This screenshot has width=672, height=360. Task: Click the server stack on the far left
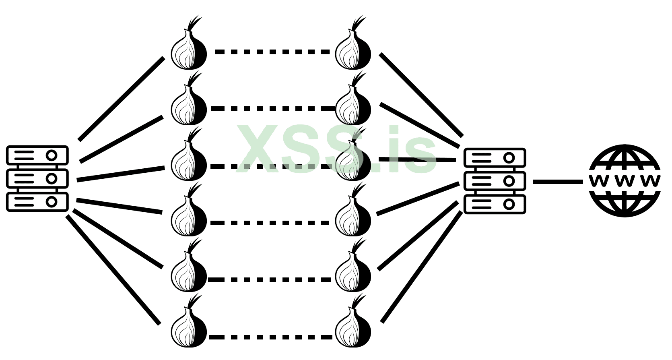37,178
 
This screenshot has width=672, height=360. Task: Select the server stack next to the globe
495,181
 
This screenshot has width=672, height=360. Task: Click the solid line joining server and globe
558,182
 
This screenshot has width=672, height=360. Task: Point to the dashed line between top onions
272,52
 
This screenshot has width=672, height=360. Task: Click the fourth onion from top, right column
353,216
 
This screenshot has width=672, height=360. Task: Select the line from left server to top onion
121,99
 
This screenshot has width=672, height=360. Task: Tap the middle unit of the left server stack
37,178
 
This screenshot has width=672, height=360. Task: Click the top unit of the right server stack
495,157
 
